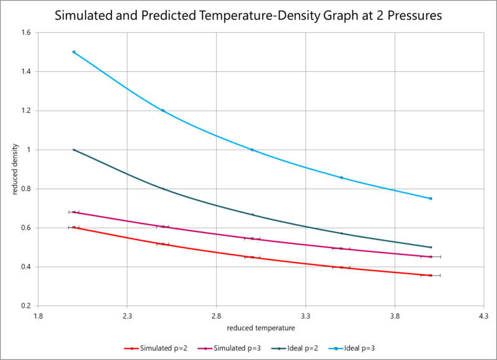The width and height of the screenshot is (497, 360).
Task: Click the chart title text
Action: pyautogui.click(x=248, y=16)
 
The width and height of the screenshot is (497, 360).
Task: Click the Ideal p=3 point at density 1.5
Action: pyautogui.click(x=74, y=52)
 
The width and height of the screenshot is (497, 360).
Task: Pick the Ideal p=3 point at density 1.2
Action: pyautogui.click(x=163, y=110)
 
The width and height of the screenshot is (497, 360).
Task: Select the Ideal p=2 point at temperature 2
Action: pyautogui.click(x=74, y=150)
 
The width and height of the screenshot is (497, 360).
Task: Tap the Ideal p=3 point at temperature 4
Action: pyautogui.click(x=431, y=199)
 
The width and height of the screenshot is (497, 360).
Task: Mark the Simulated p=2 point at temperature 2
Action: pyautogui.click(x=74, y=228)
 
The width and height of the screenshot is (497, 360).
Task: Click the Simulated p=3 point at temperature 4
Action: pyautogui.click(x=431, y=256)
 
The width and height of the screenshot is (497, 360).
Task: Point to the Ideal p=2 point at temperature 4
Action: pyautogui.click(x=431, y=247)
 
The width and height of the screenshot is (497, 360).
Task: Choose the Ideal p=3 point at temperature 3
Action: pyautogui.click(x=252, y=150)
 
